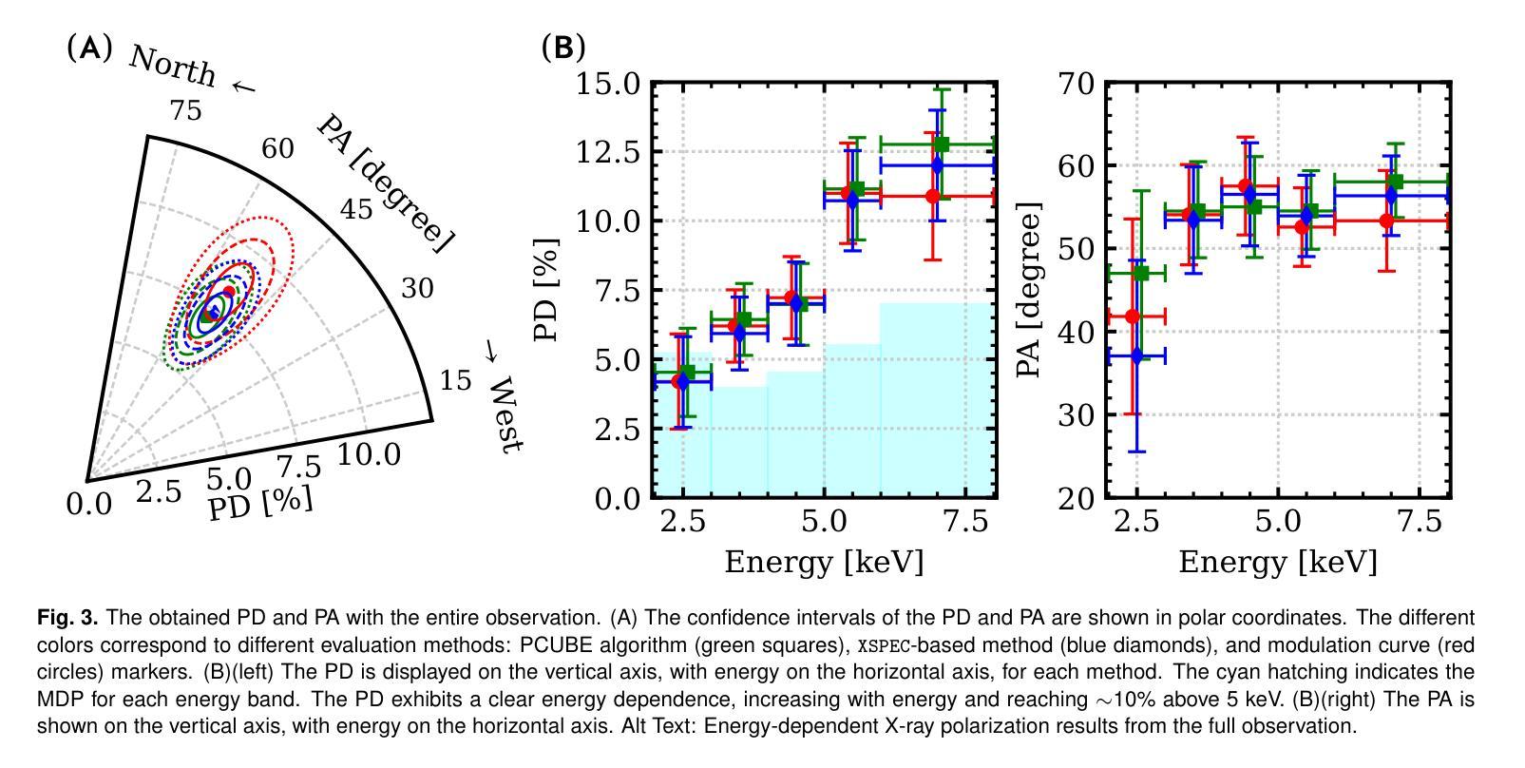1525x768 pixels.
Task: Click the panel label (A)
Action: (x=90, y=48)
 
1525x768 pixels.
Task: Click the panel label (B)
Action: (x=563, y=48)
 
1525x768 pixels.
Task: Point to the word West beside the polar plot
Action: (x=504, y=414)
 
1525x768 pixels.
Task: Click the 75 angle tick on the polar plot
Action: (x=185, y=111)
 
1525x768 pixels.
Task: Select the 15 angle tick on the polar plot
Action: (x=456, y=380)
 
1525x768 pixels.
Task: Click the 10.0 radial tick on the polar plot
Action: (x=369, y=455)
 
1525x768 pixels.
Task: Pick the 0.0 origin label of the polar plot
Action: (x=89, y=504)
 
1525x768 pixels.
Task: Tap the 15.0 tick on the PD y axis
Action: (x=609, y=84)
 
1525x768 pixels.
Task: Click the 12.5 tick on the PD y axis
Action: (x=609, y=152)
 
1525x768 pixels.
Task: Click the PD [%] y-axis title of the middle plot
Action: (x=546, y=290)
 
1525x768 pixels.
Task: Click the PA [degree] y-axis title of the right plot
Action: (x=1029, y=290)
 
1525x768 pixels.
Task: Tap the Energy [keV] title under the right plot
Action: (x=1277, y=562)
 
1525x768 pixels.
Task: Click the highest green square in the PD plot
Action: (x=942, y=144)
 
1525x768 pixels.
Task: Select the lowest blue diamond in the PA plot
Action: (x=1137, y=355)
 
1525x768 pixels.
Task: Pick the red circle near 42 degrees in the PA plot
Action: (x=1132, y=316)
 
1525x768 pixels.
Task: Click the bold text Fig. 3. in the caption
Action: (x=67, y=619)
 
